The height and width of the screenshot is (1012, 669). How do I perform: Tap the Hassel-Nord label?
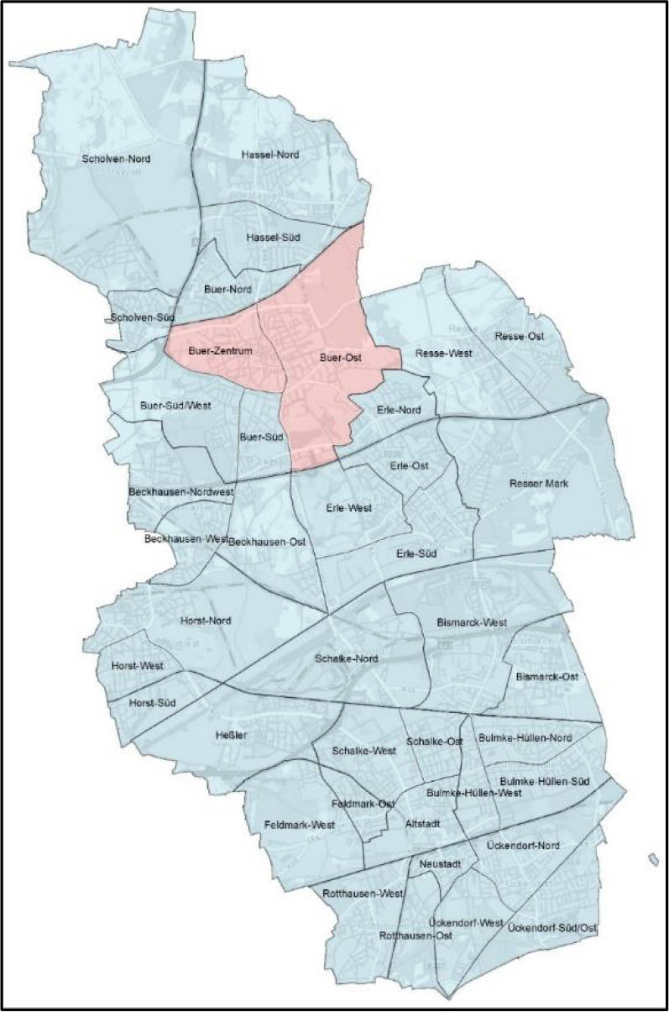269,155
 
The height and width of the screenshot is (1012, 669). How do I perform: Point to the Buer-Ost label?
341,359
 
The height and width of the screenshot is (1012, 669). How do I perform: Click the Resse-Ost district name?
520,337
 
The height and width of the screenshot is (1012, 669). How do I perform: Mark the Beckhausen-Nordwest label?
180,490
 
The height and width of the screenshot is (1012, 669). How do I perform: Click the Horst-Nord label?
206,621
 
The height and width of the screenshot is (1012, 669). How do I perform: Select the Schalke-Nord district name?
347,658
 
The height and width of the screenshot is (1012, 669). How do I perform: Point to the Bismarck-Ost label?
547,677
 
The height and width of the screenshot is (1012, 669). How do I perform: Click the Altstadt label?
423,824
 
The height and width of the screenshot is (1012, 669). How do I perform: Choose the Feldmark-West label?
299,825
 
